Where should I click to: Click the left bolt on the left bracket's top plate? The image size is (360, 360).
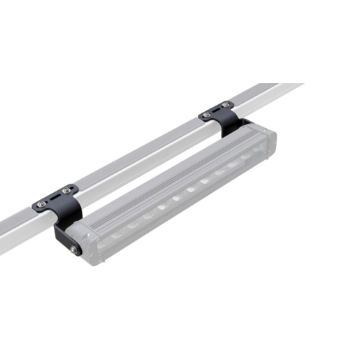point(42,203)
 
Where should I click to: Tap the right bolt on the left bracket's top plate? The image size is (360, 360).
point(66,189)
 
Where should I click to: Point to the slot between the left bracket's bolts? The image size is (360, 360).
point(54,196)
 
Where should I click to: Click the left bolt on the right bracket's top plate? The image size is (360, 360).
point(206,115)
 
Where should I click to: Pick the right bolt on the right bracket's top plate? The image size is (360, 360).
point(224,106)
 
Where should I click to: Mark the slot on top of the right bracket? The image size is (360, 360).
point(215,110)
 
